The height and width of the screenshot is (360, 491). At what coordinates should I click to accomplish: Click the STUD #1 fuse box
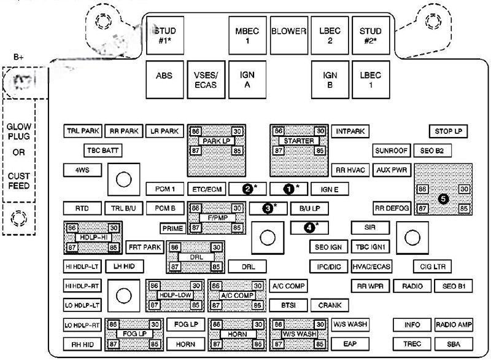(x=165, y=36)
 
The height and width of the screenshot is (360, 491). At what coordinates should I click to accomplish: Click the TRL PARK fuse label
(x=83, y=131)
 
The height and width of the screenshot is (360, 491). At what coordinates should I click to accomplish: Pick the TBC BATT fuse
(x=102, y=150)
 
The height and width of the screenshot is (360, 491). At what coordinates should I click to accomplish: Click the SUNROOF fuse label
(x=390, y=151)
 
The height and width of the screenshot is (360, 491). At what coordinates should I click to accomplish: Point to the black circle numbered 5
(x=443, y=198)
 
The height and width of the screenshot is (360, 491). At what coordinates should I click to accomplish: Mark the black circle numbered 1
(x=287, y=189)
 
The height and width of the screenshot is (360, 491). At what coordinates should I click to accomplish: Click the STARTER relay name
(x=299, y=141)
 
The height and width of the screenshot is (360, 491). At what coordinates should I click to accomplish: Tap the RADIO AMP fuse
(x=454, y=324)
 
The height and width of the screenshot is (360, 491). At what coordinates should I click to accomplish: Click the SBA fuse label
(x=454, y=343)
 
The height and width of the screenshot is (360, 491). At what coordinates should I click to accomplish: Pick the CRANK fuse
(x=330, y=305)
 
